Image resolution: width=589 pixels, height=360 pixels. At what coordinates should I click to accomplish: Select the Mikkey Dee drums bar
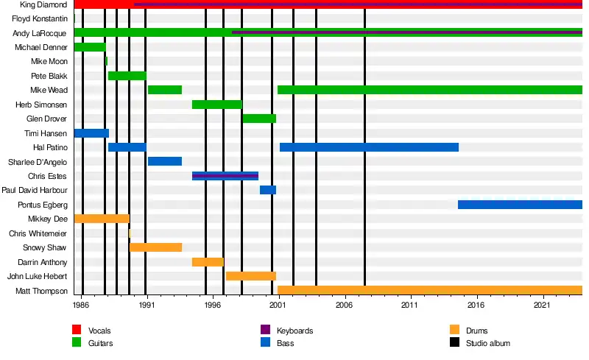click(x=102, y=219)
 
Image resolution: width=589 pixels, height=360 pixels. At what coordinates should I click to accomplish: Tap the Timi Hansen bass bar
click(x=91, y=133)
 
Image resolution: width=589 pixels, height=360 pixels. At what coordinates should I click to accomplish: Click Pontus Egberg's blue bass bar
click(x=520, y=205)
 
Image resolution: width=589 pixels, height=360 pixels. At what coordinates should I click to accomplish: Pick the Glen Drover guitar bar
click(x=259, y=119)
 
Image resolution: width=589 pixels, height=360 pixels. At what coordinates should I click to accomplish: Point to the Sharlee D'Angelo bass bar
click(x=165, y=161)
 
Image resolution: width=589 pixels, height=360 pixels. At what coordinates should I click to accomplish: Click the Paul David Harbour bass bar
click(x=268, y=190)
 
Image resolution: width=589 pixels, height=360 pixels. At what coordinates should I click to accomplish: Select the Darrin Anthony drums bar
click(x=208, y=262)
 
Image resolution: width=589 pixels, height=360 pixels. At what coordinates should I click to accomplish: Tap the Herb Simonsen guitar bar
click(x=216, y=105)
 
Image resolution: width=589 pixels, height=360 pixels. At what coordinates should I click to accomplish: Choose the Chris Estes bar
click(x=225, y=176)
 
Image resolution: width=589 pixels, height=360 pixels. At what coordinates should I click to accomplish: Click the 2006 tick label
click(x=344, y=304)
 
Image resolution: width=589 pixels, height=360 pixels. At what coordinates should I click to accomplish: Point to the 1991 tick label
click(x=147, y=304)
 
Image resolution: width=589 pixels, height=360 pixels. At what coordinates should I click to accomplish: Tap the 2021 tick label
click(x=542, y=304)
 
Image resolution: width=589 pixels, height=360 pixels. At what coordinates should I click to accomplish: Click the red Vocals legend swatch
click(x=77, y=331)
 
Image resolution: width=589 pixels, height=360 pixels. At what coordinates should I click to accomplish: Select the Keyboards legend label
click(x=294, y=331)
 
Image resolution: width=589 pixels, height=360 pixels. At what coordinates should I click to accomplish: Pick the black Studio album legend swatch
click(x=454, y=342)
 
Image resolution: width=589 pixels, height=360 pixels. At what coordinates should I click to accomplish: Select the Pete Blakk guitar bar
click(x=127, y=76)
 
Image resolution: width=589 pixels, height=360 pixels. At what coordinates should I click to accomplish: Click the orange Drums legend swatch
click(x=454, y=331)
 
